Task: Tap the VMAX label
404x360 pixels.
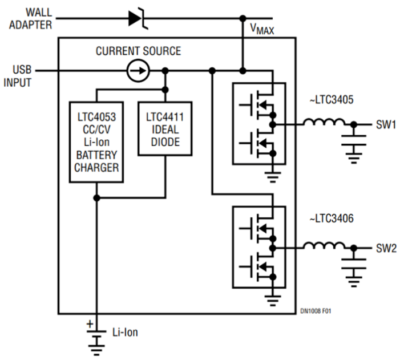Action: click(262, 28)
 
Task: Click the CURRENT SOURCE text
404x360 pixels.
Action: click(138, 51)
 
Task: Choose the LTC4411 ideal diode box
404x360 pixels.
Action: click(165, 128)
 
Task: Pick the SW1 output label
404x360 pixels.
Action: click(386, 124)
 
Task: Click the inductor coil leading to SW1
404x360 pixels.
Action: click(324, 123)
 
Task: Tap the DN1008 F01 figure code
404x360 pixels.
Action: click(315, 312)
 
